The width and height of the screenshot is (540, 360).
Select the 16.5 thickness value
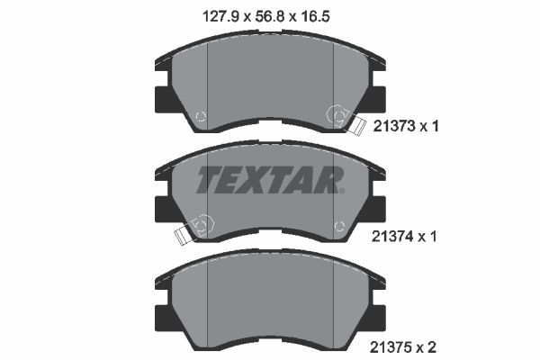328,15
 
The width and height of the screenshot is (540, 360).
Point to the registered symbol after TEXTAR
341,190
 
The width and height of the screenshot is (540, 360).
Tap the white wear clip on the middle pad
183,236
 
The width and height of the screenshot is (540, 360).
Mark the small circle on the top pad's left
200,116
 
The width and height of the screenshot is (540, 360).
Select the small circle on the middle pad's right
339,226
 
